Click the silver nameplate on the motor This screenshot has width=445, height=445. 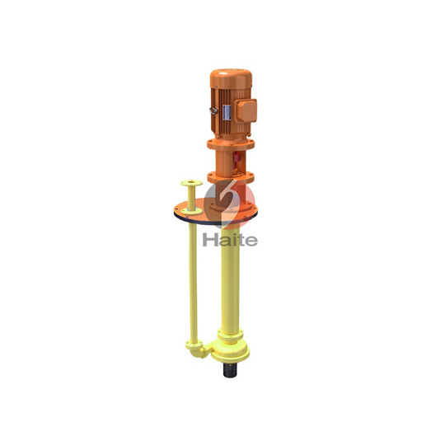tap(227, 113)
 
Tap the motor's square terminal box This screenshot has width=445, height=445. tap(246, 110)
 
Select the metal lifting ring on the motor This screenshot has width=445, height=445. tap(213, 110)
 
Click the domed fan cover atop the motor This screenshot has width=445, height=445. tap(231, 78)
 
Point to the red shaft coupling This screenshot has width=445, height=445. tap(237, 160)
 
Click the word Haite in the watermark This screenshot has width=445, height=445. tap(230, 240)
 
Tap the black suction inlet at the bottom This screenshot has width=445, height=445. tap(230, 370)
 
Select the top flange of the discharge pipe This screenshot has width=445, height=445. tap(191, 183)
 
